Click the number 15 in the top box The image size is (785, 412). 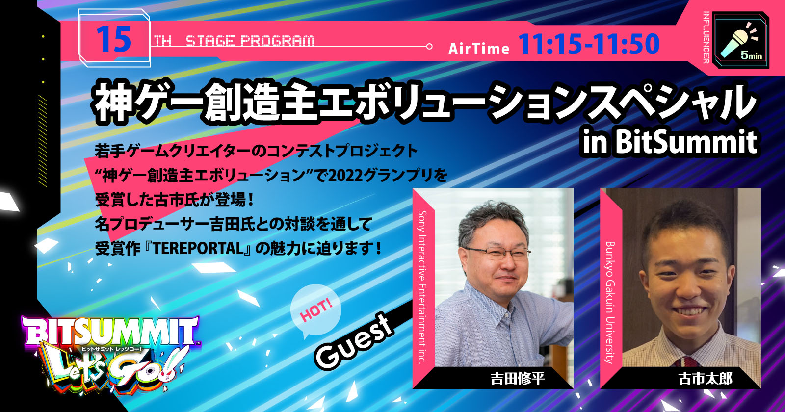(x=113, y=40)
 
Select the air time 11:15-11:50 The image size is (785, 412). (x=589, y=44)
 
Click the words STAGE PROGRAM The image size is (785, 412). (x=250, y=41)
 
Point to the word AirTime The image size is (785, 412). (x=479, y=49)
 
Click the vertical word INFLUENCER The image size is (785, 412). (x=706, y=37)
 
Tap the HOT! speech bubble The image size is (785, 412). (x=316, y=310)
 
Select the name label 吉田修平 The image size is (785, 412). (x=517, y=379)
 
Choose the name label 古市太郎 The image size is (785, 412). (x=705, y=379)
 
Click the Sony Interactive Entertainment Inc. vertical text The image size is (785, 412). (x=422, y=287)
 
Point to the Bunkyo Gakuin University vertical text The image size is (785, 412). (x=610, y=302)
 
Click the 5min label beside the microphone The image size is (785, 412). (x=751, y=55)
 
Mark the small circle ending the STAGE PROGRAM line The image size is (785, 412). (x=429, y=46)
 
